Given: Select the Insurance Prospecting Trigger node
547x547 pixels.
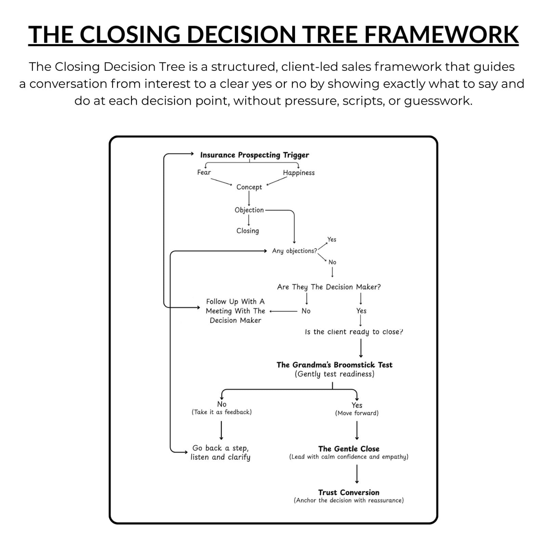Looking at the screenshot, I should (x=254, y=155).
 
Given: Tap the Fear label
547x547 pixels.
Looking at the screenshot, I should (x=204, y=172).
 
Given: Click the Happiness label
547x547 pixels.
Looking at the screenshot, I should (x=298, y=173).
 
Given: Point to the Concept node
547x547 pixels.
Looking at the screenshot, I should (x=249, y=187).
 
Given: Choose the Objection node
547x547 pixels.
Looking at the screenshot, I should (x=249, y=210).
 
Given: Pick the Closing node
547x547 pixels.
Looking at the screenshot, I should (x=248, y=231).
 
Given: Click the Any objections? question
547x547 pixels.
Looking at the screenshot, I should (x=294, y=251).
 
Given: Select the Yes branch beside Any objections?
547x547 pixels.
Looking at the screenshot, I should (x=332, y=239).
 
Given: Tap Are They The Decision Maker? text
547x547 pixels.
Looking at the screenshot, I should (x=329, y=287).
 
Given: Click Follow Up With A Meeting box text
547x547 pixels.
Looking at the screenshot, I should (x=235, y=311).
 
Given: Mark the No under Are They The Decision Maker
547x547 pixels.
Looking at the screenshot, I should (x=306, y=311).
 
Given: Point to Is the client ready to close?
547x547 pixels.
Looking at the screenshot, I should (x=354, y=332).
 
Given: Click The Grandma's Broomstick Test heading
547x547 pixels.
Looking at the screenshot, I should (x=334, y=365).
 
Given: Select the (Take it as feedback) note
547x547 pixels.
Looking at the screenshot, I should (x=222, y=412).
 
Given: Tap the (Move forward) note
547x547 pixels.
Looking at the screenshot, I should (x=357, y=413).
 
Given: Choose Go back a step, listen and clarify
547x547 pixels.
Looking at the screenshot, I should (x=221, y=452).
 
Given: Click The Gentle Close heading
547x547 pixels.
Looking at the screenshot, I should (x=349, y=449).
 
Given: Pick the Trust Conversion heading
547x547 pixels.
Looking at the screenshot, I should (x=349, y=493).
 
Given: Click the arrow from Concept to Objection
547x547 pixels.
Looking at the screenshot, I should (x=249, y=198).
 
